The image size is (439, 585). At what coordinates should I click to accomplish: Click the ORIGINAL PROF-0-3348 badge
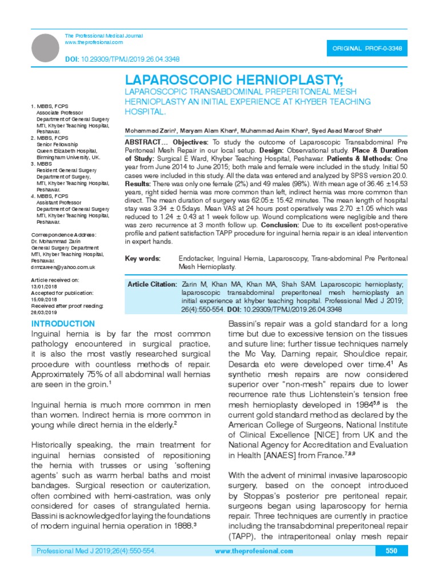click(x=366, y=49)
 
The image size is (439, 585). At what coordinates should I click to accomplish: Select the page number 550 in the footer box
click(x=392, y=551)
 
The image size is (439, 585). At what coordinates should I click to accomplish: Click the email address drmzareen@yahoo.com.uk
click(x=63, y=267)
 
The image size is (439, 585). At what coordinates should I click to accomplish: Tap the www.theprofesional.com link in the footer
click(x=254, y=551)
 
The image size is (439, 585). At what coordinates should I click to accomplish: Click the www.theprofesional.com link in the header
click(x=94, y=43)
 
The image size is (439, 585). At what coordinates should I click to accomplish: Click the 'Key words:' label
click(x=142, y=259)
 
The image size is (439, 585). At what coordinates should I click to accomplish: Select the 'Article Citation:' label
click(x=151, y=284)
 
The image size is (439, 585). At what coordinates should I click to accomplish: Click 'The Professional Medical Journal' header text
click(x=103, y=35)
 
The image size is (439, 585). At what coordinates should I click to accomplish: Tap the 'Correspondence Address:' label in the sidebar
click(x=63, y=235)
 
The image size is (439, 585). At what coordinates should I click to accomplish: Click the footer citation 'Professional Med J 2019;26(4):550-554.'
click(x=96, y=551)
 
